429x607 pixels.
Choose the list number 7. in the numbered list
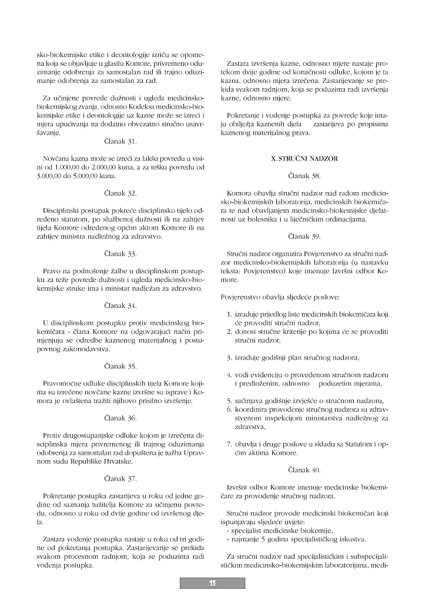230,444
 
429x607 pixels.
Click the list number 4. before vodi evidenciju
230,374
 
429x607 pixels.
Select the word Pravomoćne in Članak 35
62,383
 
